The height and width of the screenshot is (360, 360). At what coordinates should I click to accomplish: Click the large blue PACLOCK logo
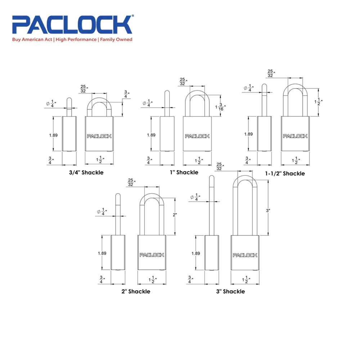point(72,25)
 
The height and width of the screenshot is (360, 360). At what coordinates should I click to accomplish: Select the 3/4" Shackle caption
point(87,172)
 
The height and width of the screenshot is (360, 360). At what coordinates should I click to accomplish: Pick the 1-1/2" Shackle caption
point(285,174)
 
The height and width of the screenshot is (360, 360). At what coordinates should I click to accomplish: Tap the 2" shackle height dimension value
point(175,215)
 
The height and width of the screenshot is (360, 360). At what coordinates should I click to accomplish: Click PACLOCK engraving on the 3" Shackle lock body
point(245,255)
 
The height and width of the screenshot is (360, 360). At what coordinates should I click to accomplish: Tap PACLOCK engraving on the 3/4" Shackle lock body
point(99,136)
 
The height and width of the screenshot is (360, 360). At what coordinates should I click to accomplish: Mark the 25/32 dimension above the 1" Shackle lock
point(183,82)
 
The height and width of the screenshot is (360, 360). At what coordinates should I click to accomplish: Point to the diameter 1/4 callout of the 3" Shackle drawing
point(196,197)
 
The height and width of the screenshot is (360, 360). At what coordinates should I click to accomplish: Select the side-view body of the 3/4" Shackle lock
point(69,134)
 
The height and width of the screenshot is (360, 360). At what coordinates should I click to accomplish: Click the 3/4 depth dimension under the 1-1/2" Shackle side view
point(247,160)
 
